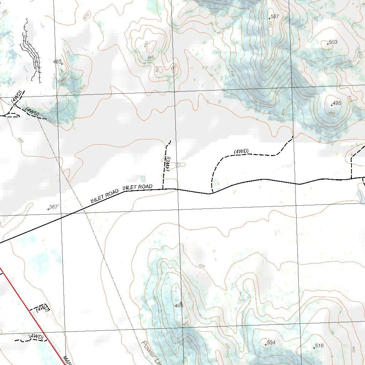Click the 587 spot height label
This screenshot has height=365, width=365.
274,16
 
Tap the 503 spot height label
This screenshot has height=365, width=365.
333,42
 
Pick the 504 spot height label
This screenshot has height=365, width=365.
271,343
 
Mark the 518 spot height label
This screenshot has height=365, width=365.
319,346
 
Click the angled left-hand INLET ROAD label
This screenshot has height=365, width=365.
104,196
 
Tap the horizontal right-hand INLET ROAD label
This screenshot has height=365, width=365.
137,187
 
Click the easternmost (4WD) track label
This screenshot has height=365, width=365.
241,151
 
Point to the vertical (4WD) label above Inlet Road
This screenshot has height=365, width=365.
168,164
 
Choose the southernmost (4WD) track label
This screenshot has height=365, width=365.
36,336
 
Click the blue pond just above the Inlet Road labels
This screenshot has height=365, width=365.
143,178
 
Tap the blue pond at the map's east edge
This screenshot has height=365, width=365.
361,195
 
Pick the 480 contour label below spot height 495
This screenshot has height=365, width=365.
331,113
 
